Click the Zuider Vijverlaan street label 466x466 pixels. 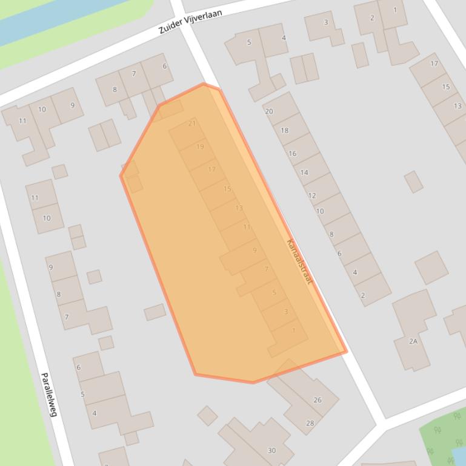click(190, 21)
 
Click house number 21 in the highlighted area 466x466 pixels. click(192, 123)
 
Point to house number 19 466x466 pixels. click(200, 147)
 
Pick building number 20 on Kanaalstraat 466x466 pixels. click(269, 111)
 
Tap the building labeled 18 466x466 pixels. click(284, 130)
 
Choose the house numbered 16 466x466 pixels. click(293, 153)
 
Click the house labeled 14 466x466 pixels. click(304, 172)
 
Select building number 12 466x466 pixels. click(312, 195)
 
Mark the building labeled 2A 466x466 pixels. click(413, 341)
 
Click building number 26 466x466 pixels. click(317, 400)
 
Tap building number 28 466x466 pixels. click(310, 423)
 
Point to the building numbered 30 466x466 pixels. click(271, 450)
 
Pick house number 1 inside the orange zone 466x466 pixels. click(294, 330)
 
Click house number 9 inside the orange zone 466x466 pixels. click(255, 250)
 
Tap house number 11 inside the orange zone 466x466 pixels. click(247, 227)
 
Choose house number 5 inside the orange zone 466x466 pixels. click(274, 293)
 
